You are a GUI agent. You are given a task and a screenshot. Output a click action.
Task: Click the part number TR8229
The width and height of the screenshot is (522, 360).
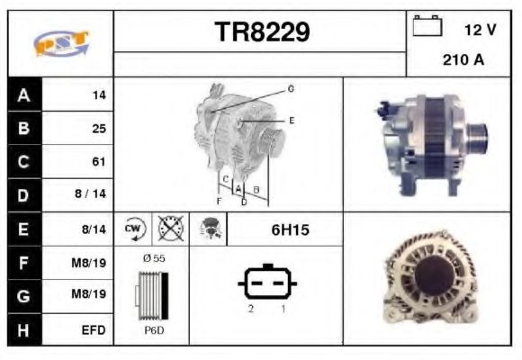click(x=262, y=32)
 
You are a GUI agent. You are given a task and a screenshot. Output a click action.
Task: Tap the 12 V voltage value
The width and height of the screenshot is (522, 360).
click(x=480, y=30)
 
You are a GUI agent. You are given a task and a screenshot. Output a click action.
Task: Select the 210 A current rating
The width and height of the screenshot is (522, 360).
click(x=463, y=61)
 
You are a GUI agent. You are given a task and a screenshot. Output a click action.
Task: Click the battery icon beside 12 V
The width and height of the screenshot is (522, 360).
click(x=427, y=27)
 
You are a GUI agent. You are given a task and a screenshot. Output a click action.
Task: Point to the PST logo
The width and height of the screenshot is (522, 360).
click(x=61, y=44)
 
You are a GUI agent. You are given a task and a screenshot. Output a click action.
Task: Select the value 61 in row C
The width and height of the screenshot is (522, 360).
click(x=98, y=162)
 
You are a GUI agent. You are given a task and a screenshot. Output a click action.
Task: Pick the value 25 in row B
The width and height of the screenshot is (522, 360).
click(x=98, y=129)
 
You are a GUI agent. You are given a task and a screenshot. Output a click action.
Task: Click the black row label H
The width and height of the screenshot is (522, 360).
click(x=22, y=330)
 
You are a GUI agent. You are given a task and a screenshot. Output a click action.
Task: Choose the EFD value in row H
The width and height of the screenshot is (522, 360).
click(x=94, y=330)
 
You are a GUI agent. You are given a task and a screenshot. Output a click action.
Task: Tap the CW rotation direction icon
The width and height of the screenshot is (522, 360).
click(x=134, y=229)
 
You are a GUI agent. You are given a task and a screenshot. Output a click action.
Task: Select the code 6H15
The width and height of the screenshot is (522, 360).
click(x=290, y=230)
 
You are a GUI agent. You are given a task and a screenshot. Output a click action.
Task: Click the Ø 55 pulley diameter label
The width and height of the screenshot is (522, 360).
click(x=153, y=258)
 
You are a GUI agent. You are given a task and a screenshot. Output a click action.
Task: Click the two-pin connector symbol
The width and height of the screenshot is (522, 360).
click(x=266, y=283)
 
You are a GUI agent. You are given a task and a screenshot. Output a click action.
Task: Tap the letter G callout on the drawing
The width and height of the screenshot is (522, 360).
click(x=291, y=89)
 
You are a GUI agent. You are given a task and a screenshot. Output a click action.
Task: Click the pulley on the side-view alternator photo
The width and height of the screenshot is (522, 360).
click(x=476, y=140)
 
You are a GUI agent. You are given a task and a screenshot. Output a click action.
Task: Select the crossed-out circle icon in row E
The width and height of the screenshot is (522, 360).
click(x=168, y=229)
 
